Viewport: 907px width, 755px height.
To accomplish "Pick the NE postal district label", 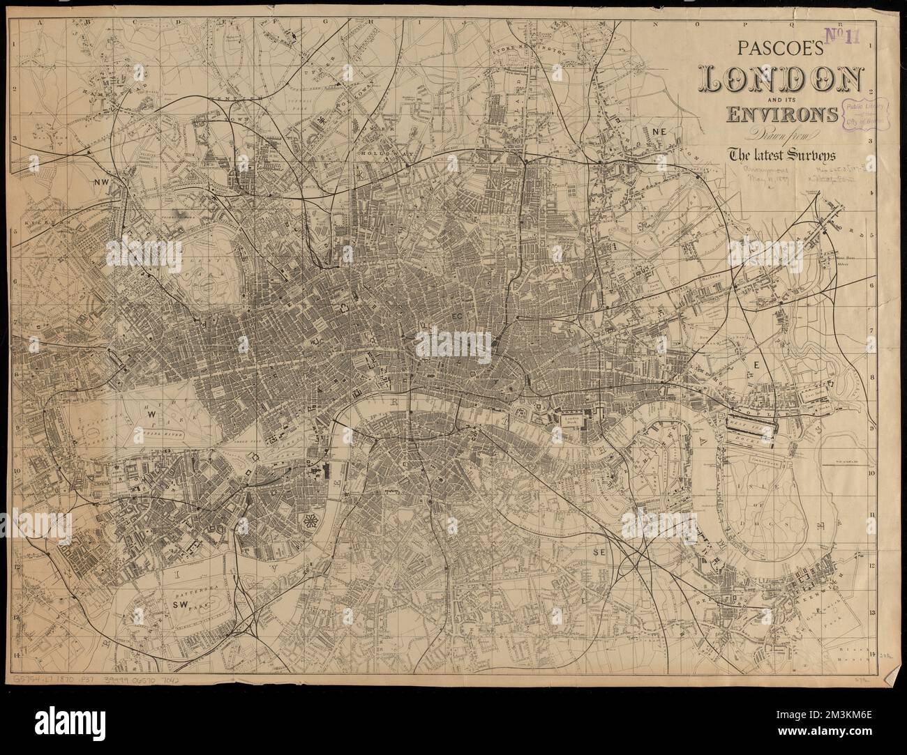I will [x=657, y=132].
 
